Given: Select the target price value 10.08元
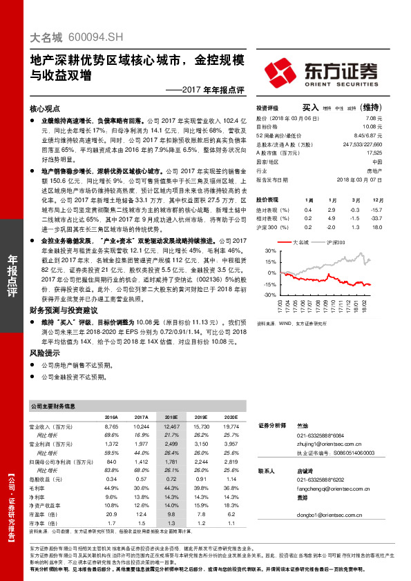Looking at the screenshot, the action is pyautogui.click(x=371, y=127).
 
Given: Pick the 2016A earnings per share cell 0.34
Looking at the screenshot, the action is pyautogui.click(x=111, y=478).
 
